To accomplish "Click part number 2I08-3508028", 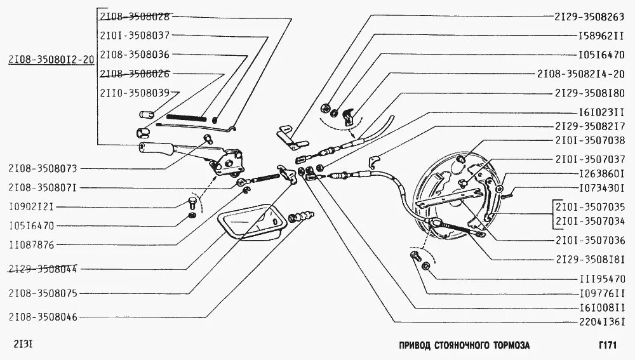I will coord(134,17).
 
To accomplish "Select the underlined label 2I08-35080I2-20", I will coord(50,60).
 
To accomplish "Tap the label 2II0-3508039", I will coord(134,93).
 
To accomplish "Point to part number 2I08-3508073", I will coord(43,169).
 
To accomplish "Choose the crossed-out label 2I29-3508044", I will coord(43,269).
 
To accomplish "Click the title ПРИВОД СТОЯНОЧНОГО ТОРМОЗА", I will coord(464,345).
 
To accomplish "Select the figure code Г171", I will coord(608,345).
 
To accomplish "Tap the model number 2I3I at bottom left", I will coord(23,345).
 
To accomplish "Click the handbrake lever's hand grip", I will coord(157,150).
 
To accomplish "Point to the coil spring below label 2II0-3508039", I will coord(186,117).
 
